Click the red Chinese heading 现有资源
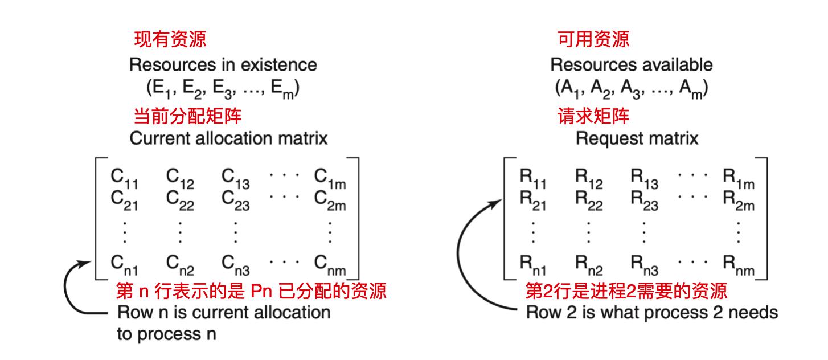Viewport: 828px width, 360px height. point(169,39)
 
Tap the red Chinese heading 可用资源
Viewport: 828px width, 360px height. point(592,39)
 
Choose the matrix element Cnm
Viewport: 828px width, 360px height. point(333,263)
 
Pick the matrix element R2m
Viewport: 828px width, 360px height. point(739,200)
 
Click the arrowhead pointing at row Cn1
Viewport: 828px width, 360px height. point(86,263)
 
